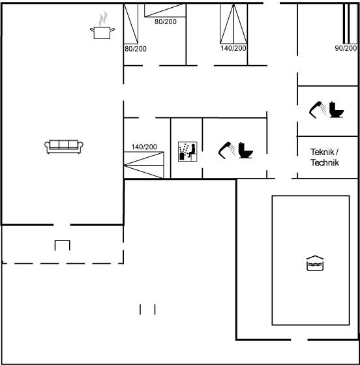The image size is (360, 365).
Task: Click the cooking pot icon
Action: pos(102,33)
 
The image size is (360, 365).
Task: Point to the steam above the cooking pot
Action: pos(103,18)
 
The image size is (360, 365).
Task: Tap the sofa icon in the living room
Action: pos(64,147)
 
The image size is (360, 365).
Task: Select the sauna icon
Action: pos(187,151)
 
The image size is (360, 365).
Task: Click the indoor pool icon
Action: pos(315,263)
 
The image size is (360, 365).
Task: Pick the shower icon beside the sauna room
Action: pos(227,151)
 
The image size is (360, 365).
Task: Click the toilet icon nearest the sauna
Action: pos(245,151)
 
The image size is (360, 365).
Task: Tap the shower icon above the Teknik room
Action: pos(318,110)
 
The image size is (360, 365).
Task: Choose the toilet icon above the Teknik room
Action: pos(337,109)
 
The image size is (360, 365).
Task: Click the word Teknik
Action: pos(322,152)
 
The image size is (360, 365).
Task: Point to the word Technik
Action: pos(325,162)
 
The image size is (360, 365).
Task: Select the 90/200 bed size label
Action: pos(346,48)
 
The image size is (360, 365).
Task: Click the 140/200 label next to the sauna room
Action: pos(144,147)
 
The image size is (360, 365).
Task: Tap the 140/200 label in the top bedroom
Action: pos(233,48)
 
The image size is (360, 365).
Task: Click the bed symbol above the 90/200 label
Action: pos(350,23)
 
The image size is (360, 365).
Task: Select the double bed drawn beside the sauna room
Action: pos(143,165)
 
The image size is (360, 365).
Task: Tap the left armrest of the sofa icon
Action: pos(47,146)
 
